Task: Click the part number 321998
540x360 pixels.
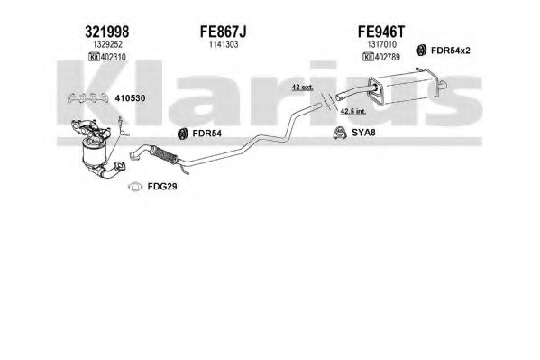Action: [x=106, y=32]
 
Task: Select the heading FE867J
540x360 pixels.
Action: [x=224, y=32]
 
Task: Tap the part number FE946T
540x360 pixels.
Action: [x=381, y=32]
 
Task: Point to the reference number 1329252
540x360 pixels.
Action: [x=108, y=44]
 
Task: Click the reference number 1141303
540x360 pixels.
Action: [x=224, y=44]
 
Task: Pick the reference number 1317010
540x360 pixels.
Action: [x=381, y=44]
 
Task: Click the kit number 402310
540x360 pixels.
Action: [x=113, y=57]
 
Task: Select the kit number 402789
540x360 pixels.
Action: [x=387, y=57]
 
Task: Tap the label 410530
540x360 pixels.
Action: [x=130, y=98]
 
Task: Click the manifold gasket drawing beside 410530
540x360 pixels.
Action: [x=87, y=98]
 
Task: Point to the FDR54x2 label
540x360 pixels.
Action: [x=451, y=51]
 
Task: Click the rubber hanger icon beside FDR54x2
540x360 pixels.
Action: [x=421, y=51]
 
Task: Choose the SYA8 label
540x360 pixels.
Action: [x=363, y=133]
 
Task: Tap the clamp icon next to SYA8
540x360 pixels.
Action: [x=340, y=133]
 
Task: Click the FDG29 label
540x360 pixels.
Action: [x=162, y=187]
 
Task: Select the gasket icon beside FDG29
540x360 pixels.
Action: [x=134, y=187]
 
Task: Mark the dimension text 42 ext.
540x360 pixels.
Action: [x=302, y=88]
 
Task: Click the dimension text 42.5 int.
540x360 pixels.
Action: [x=353, y=111]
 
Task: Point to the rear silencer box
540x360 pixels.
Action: [x=407, y=88]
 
